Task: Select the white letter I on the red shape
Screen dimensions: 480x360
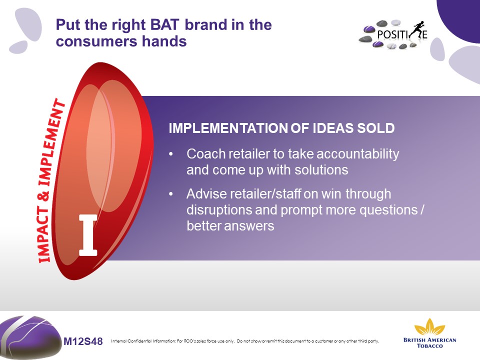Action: click(x=88, y=235)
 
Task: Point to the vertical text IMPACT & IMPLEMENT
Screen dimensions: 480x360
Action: click(x=50, y=180)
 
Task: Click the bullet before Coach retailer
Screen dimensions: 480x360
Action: click(x=171, y=154)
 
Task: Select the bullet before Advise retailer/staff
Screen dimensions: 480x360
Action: click(x=171, y=194)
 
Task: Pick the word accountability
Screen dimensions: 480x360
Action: click(x=358, y=154)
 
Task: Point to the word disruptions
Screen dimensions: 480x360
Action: click(x=219, y=210)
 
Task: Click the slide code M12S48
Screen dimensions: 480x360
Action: click(x=83, y=341)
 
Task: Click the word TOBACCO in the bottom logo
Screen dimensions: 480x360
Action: click(x=430, y=346)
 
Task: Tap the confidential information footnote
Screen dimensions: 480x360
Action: click(x=245, y=341)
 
